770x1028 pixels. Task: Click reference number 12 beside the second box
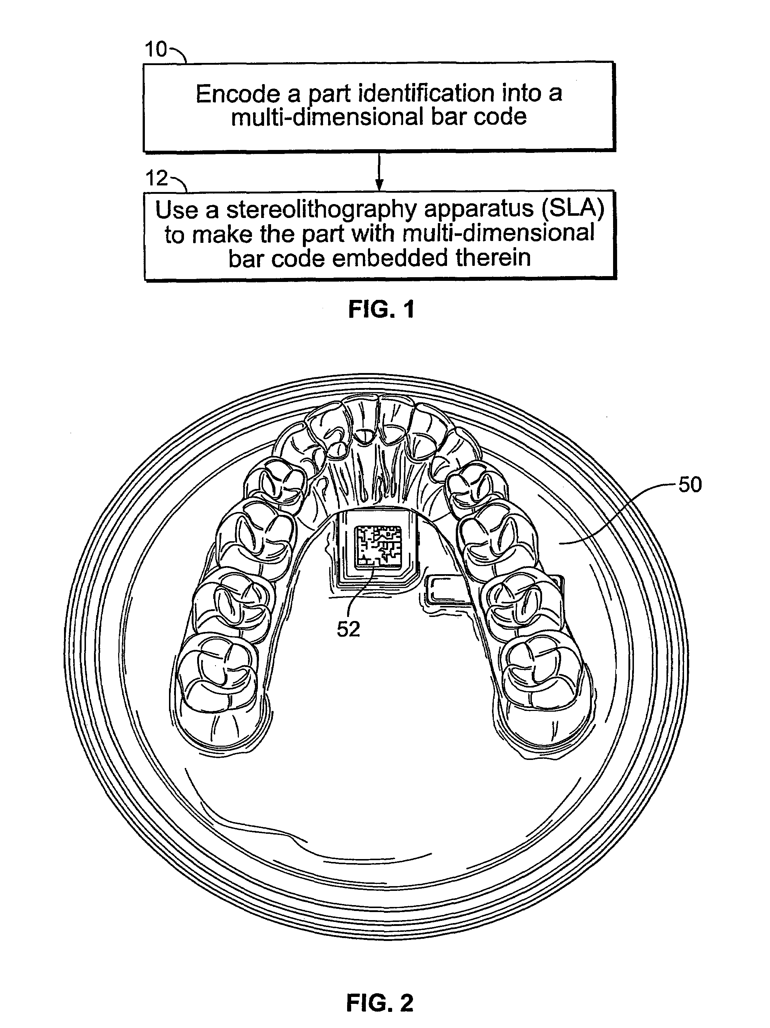point(157,178)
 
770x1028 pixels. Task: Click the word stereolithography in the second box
point(321,210)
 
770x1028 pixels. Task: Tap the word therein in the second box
point(493,258)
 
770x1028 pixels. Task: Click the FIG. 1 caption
point(381,309)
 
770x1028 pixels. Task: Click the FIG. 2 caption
point(379,1002)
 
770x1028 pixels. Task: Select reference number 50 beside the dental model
point(690,485)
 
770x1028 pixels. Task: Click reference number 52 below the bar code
point(348,630)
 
